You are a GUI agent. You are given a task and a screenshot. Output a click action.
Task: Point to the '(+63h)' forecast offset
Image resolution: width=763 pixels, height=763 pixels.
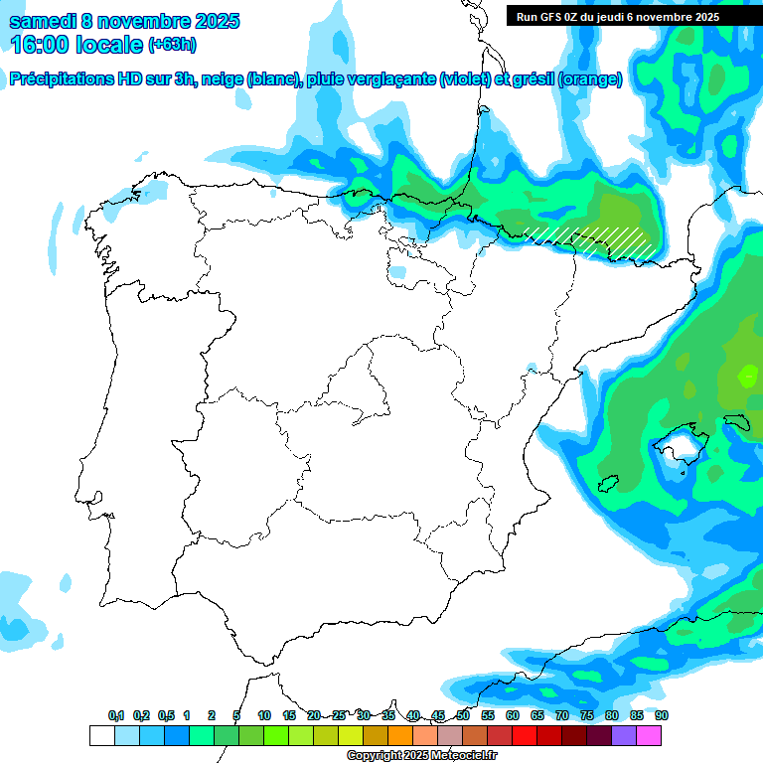pyautogui.click(x=172, y=45)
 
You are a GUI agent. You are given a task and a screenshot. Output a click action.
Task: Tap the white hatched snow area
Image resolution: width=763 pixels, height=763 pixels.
pyautogui.click(x=591, y=238)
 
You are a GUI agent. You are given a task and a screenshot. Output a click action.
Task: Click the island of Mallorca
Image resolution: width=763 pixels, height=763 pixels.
pyautogui.click(x=678, y=441)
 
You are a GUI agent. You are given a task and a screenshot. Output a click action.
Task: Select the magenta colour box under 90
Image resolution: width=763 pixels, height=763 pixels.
pyautogui.click(x=649, y=735)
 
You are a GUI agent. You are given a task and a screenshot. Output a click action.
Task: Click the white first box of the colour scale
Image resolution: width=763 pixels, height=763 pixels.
pyautogui.click(x=101, y=735)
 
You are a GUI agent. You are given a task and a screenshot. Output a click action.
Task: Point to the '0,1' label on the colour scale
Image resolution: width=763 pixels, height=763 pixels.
pyautogui.click(x=116, y=716)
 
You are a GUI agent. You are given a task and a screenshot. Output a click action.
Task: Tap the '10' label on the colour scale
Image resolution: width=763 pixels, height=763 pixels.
pyautogui.click(x=264, y=716)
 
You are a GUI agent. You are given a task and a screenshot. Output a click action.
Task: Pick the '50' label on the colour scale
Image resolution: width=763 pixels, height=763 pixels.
pyautogui.click(x=463, y=716)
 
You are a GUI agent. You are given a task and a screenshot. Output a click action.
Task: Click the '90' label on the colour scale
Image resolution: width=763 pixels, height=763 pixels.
pyautogui.click(x=662, y=716)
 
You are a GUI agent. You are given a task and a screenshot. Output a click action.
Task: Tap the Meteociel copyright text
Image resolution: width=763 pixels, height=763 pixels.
pyautogui.click(x=421, y=756)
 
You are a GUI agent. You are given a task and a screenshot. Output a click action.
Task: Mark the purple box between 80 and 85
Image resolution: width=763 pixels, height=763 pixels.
pyautogui.click(x=624, y=735)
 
